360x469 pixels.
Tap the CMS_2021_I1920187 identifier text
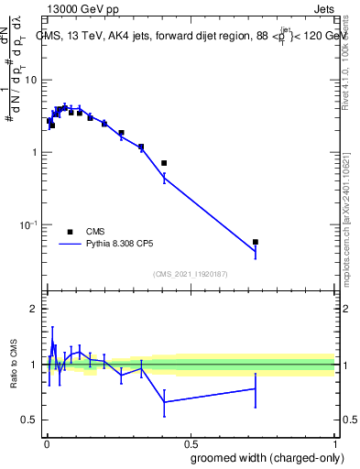point(190,274)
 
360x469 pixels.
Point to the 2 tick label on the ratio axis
point(34,309)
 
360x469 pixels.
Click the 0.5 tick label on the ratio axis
point(30,420)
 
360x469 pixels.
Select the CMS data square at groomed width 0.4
point(164,163)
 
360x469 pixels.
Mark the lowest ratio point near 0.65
point(164,402)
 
